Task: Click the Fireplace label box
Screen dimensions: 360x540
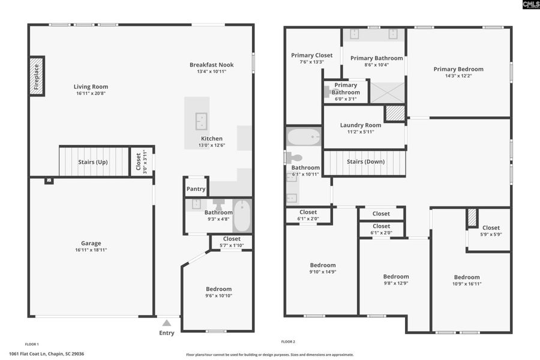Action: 37,76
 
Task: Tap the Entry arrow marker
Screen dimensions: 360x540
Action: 167,323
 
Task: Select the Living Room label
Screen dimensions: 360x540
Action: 91,86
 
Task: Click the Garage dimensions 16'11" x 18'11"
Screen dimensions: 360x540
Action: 91,250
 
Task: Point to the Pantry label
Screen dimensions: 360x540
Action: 196,188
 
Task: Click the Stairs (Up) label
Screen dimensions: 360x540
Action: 93,161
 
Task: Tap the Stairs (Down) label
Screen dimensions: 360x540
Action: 366,161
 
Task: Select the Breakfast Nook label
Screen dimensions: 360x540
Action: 211,65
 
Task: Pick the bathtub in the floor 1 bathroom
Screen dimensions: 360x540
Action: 242,216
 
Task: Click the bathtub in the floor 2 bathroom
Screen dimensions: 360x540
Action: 304,137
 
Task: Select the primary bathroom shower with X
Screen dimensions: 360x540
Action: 387,92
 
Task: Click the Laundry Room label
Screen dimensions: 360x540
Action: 361,125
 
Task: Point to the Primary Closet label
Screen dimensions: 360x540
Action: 311,55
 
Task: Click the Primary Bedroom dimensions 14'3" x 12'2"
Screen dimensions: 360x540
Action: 458,76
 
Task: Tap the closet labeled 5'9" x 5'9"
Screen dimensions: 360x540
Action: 490,231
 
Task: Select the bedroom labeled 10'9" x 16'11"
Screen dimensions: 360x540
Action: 467,280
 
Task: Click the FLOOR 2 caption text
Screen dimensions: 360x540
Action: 287,341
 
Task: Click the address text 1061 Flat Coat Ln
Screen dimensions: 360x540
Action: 47,354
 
